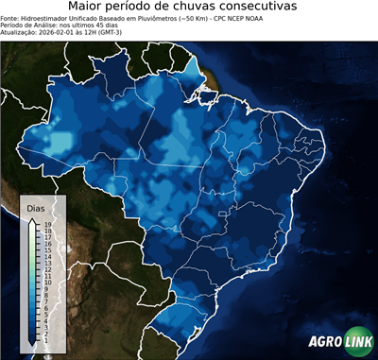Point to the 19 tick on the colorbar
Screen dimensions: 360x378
48,224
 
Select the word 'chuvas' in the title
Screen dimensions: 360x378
188,7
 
